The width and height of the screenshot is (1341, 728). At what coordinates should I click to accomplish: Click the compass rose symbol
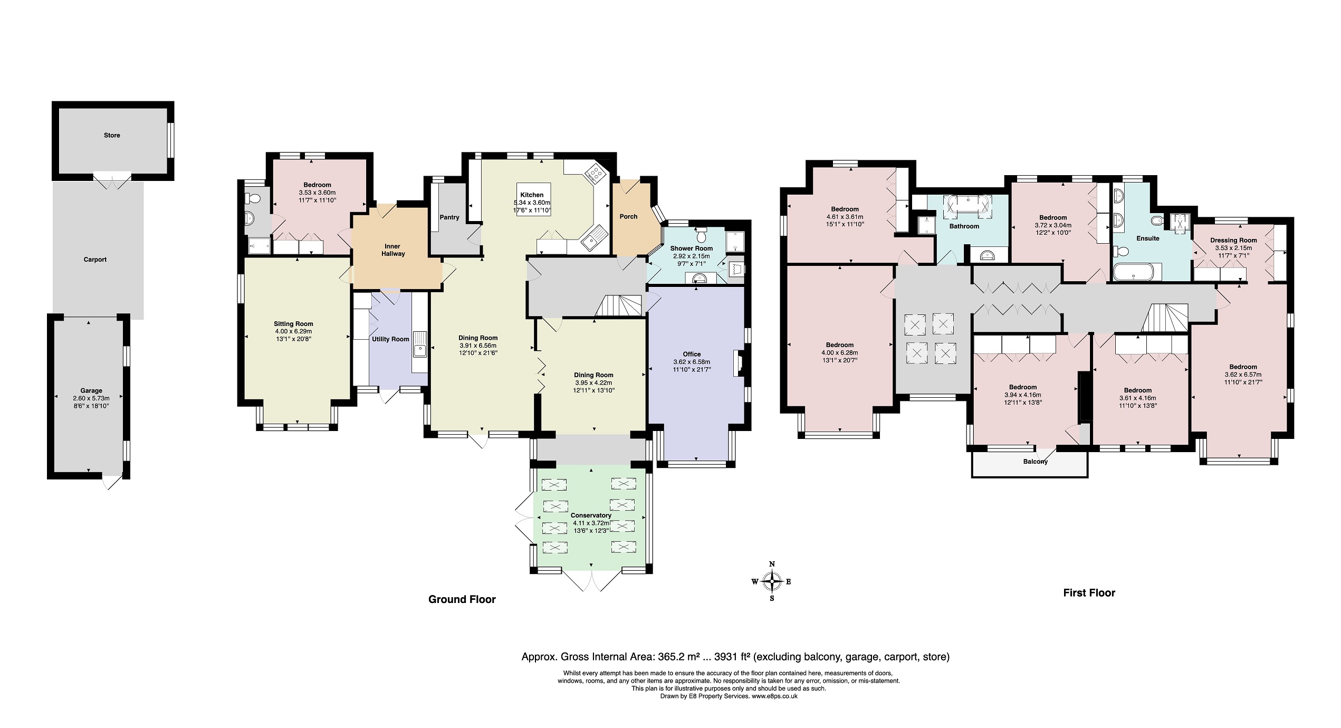point(772,582)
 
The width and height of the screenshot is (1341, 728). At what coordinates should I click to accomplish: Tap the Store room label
point(112,135)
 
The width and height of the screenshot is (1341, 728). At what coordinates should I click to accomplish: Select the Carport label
point(95,260)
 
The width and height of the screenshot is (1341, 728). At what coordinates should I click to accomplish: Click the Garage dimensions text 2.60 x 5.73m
point(91,398)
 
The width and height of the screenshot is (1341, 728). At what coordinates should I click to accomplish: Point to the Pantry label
point(449,217)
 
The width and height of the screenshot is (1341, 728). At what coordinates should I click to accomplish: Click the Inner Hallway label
point(393,250)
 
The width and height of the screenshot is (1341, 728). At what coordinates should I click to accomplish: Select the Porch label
point(628,216)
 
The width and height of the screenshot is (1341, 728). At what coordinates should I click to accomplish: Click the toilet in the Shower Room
point(701,233)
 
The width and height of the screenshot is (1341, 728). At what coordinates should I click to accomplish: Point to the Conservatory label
point(591,515)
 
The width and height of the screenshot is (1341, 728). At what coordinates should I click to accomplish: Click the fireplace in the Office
point(737,363)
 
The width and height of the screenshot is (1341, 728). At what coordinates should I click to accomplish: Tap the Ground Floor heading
point(462,599)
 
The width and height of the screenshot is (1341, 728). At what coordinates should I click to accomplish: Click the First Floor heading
point(1089,593)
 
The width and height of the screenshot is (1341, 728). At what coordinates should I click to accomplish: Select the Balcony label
point(1035,462)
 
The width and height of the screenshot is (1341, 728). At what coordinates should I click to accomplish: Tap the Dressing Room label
point(1233,240)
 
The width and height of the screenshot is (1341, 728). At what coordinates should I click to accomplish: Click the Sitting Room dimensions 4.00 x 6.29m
point(293,331)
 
